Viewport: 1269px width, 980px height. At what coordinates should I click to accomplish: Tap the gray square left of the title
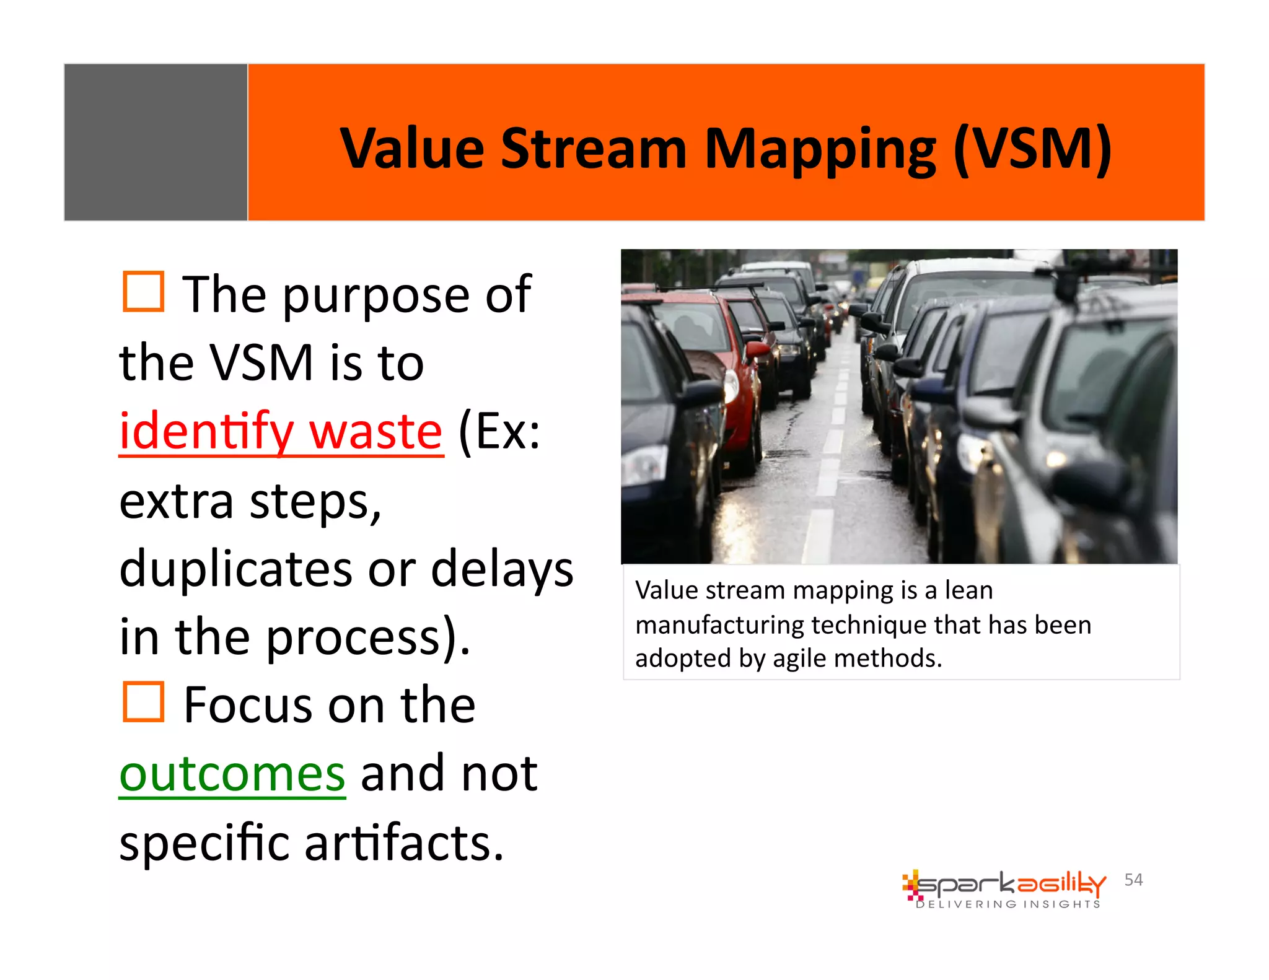click(156, 142)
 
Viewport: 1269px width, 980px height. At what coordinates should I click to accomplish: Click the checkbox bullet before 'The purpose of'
click(143, 291)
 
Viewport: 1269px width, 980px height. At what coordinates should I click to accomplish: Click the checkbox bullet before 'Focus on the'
click(143, 702)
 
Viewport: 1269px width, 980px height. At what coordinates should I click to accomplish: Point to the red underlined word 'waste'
click(375, 432)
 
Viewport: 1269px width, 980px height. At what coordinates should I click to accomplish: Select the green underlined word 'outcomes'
click(232, 774)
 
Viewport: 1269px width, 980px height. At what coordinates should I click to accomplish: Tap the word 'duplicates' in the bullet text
click(235, 569)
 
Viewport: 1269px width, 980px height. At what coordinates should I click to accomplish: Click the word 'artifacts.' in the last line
click(404, 844)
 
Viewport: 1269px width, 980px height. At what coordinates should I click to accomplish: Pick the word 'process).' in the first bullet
click(369, 638)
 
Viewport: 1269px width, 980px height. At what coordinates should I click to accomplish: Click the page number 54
click(1133, 880)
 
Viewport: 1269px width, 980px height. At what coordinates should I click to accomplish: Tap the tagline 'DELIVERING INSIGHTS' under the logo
click(1008, 904)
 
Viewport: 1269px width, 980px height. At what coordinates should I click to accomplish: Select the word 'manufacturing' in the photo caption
click(719, 625)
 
